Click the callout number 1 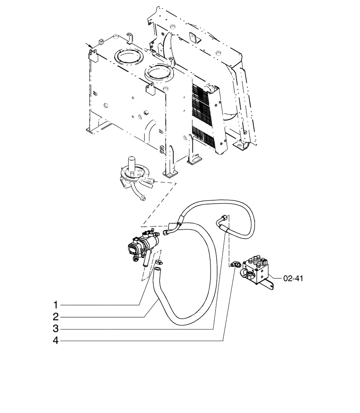click(55, 305)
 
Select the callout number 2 click(55, 317)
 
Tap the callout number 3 click(55, 329)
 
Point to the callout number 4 click(55, 341)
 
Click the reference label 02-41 click(294, 278)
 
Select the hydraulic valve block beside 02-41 click(258, 271)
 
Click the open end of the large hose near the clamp click(157, 270)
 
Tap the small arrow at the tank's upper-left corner click(88, 45)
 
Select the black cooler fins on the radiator click(202, 112)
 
